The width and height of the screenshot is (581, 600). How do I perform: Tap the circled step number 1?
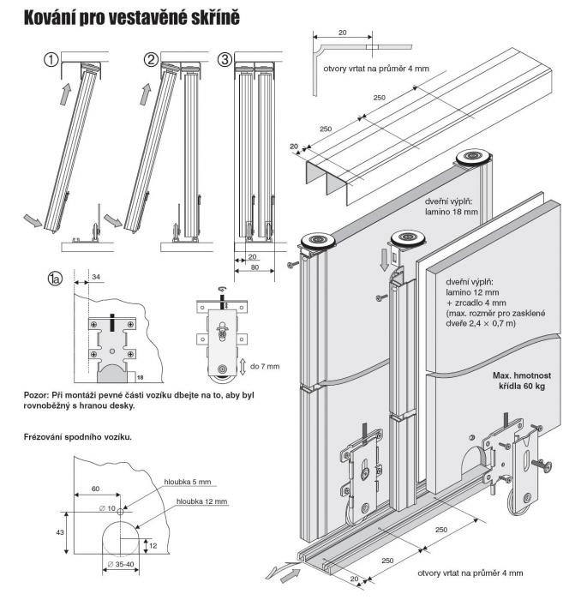pyautogui.click(x=52, y=60)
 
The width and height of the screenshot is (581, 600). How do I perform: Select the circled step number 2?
pyautogui.click(x=151, y=60)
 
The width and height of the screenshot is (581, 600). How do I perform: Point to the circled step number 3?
pyautogui.click(x=225, y=60)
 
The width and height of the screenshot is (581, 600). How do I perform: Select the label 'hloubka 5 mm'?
pyautogui.click(x=187, y=483)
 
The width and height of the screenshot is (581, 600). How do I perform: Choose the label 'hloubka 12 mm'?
pyautogui.click(x=202, y=501)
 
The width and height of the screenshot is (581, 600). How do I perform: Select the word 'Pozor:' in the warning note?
pyautogui.click(x=38, y=395)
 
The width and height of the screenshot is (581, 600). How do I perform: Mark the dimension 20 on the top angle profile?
pyautogui.click(x=343, y=32)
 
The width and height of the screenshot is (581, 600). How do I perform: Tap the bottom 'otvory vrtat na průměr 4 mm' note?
pyautogui.click(x=470, y=572)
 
